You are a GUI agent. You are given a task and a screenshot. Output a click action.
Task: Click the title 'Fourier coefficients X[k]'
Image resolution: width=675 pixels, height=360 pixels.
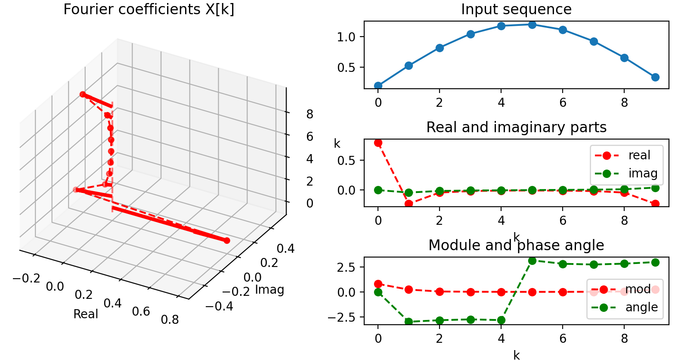(x=149, y=9)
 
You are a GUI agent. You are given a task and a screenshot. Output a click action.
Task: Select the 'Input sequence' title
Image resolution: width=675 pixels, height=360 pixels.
(x=516, y=9)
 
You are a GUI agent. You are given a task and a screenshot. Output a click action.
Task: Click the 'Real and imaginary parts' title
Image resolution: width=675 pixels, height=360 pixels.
(x=516, y=127)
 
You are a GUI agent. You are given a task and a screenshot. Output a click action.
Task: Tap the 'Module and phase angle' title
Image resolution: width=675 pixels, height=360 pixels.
(x=516, y=245)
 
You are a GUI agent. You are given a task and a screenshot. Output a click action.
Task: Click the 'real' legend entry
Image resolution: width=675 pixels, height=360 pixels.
(x=639, y=155)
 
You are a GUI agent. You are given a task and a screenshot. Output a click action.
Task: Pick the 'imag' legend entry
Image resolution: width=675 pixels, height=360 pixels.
(x=642, y=173)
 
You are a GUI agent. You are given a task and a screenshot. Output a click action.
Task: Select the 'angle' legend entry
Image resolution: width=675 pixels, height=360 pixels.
(x=641, y=307)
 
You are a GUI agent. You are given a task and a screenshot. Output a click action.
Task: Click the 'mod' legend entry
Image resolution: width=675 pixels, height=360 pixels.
(x=638, y=289)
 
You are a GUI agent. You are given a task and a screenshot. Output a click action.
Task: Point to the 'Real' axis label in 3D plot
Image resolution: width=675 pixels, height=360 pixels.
(x=86, y=314)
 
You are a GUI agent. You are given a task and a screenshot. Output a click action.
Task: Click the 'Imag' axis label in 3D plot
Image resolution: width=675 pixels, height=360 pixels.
(x=269, y=290)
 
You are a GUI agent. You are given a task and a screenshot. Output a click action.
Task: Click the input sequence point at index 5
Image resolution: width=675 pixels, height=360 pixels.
(x=532, y=25)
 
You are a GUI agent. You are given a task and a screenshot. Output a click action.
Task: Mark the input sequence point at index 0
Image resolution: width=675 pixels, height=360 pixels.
(x=378, y=86)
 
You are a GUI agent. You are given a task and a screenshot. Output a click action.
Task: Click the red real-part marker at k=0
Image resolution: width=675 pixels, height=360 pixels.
(x=378, y=143)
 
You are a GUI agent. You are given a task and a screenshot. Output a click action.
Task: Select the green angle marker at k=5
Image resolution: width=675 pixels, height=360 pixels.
(x=532, y=261)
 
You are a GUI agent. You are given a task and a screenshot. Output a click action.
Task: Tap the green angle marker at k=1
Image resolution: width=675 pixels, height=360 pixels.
(x=409, y=322)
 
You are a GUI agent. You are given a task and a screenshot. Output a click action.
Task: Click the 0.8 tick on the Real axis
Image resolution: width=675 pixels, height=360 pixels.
(x=170, y=320)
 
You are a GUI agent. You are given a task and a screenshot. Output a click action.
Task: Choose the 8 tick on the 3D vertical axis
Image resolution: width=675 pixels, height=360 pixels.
(x=309, y=114)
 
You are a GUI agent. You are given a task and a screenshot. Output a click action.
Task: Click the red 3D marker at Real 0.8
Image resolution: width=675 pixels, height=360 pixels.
(x=227, y=241)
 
